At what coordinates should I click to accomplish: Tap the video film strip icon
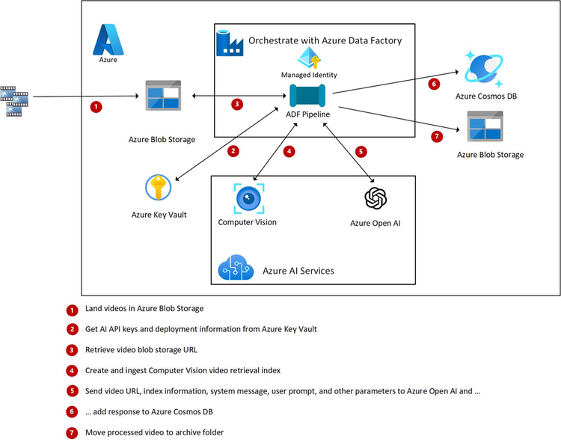click(14, 100)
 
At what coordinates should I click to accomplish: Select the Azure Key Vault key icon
click(158, 188)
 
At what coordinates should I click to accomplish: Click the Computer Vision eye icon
click(247, 198)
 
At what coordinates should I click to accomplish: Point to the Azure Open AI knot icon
click(375, 198)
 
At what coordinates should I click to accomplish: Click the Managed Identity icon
click(309, 58)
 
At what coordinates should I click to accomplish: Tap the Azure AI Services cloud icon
click(234, 268)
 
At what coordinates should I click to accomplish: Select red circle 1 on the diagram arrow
click(96, 107)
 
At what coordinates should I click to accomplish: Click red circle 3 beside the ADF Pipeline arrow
click(238, 104)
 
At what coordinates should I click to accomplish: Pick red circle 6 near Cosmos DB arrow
click(433, 85)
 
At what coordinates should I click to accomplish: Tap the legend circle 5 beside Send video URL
click(72, 390)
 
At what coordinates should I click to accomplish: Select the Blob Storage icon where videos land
click(166, 95)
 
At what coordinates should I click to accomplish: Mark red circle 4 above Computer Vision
click(289, 151)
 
